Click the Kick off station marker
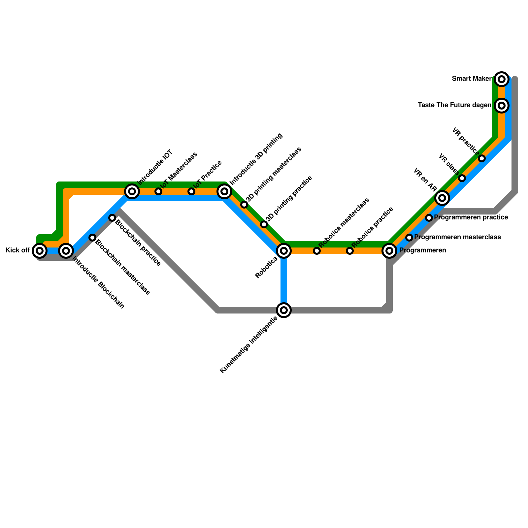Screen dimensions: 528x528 pos(40,251)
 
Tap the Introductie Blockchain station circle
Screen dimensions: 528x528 pos(66,251)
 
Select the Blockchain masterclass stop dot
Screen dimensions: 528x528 pos(92,238)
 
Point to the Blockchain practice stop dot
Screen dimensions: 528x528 pos(112,218)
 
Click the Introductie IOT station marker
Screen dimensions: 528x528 pos(132,191)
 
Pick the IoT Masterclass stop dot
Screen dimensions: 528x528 pos(158,191)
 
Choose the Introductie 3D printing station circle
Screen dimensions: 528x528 pos(224,191)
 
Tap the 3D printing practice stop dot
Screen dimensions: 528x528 pos(264,225)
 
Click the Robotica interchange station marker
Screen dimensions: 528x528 pos(284,251)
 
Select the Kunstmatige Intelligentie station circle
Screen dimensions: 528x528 pos(284,310)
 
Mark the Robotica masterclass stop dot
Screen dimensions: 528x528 pos(317,251)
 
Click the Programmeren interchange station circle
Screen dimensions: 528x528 pos(389,251)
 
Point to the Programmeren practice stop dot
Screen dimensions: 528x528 pos(429,218)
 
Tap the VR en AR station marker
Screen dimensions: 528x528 pos(442,198)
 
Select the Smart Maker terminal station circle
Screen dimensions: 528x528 pos(502,79)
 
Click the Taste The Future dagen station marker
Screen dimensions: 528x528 pos(502,106)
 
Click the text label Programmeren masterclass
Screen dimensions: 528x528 pos(457,237)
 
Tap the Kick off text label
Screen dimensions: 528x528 pos(18,250)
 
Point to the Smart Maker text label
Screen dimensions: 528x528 pos(472,79)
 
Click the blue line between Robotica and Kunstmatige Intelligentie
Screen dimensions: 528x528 pos(284,280)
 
